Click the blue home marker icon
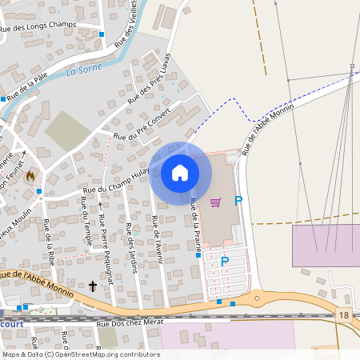(179, 172)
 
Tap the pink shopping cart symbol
(214, 202)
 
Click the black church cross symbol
(93, 286)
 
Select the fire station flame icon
(31, 175)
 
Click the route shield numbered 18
(344, 318)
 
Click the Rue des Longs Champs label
(49, 24)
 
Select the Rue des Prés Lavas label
(150, 79)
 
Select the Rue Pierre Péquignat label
(103, 247)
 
